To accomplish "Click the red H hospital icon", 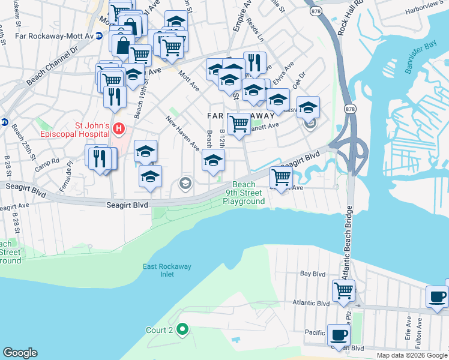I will (x=119, y=128).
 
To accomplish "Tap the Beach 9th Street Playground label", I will (x=244, y=193).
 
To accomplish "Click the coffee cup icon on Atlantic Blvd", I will (x=438, y=296).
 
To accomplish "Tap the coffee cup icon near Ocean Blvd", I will (x=339, y=334).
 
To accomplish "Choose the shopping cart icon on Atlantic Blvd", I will (x=343, y=290).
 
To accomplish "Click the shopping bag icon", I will (x=122, y=45).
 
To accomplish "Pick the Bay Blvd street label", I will (x=312, y=274).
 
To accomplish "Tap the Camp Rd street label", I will (x=47, y=165).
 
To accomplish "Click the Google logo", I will (x=20, y=353).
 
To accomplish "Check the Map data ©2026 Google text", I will (x=412, y=355).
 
